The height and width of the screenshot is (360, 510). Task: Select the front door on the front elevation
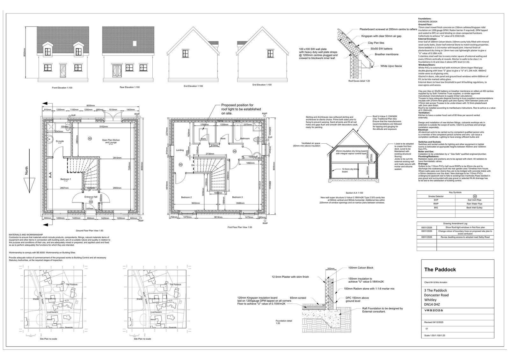coord(62,69)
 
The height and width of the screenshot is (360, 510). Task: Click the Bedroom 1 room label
coord(66,179)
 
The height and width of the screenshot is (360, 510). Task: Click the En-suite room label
coord(59,141)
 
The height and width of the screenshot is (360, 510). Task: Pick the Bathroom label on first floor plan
coord(245,139)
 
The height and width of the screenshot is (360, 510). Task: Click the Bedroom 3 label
coord(237,197)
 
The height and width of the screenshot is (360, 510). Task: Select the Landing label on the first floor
coord(179,150)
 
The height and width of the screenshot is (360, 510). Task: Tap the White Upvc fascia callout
coord(391,66)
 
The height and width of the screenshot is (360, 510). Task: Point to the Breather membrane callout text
coord(386,54)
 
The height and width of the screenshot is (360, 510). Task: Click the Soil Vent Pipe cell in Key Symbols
coord(475,200)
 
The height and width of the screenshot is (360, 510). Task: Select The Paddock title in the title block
coord(440,270)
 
